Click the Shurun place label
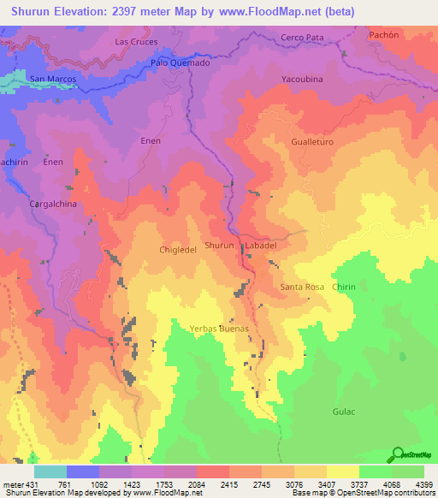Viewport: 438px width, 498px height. [x=220, y=246]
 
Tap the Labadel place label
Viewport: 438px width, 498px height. [x=261, y=246]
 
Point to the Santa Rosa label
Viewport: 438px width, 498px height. [x=302, y=287]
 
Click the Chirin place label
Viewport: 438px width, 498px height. [x=344, y=287]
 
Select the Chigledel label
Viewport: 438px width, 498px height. [x=179, y=250]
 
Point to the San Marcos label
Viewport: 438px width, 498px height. [x=53, y=79]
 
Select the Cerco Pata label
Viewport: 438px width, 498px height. [x=302, y=38]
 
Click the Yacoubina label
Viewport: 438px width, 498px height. [x=302, y=79]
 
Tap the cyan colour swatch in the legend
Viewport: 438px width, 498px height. [x=50, y=471]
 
